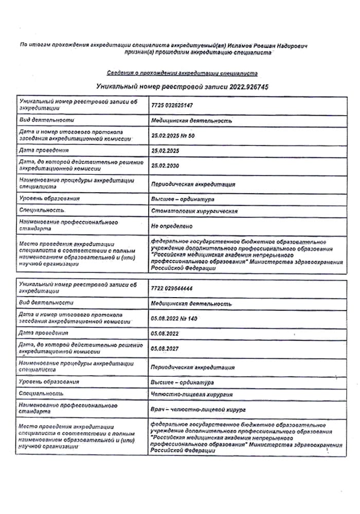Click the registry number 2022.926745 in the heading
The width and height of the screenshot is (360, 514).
click(x=244, y=87)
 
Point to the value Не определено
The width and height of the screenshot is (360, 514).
click(x=172, y=226)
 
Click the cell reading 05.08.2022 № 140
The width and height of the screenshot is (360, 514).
click(x=174, y=319)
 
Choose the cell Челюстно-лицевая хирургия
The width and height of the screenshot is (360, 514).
click(x=192, y=395)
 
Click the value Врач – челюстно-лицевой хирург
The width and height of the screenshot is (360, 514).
click(x=198, y=410)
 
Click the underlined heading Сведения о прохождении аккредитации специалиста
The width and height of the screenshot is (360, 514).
click(x=182, y=74)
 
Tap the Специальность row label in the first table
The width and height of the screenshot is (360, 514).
click(x=42, y=211)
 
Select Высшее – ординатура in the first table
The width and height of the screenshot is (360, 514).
click(x=183, y=199)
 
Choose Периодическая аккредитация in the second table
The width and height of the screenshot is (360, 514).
click(x=193, y=368)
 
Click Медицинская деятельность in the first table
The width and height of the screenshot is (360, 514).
click(x=191, y=121)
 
